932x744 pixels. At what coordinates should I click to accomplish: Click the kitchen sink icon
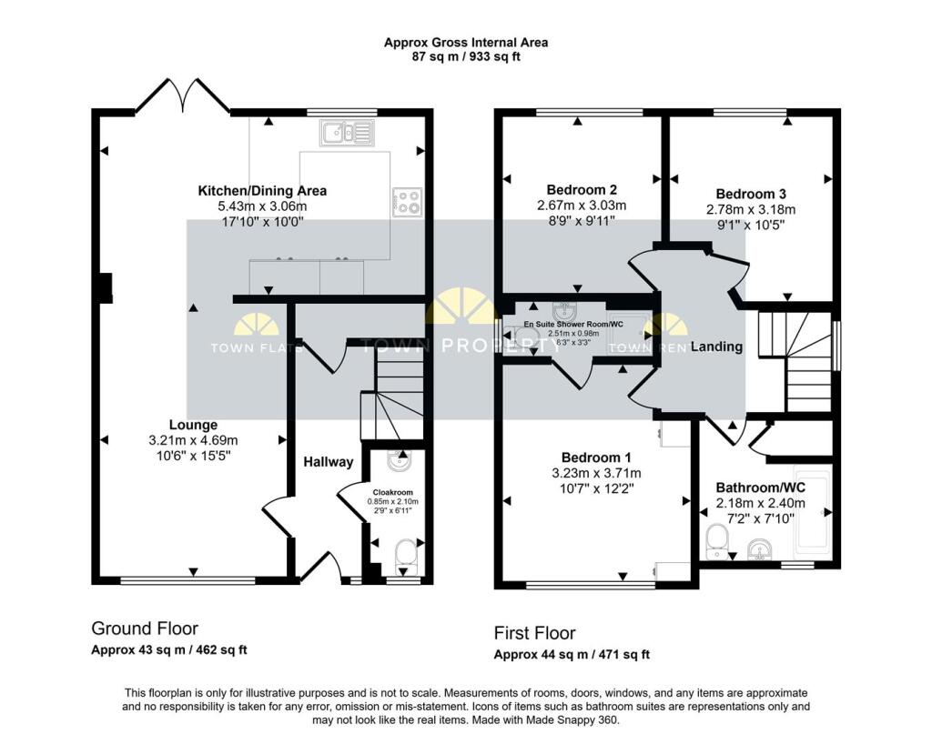coord(346,134)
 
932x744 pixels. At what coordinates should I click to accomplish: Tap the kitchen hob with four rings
coord(405,202)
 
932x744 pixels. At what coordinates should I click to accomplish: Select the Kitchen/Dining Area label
coord(262,191)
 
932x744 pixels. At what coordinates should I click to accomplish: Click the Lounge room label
coord(193,425)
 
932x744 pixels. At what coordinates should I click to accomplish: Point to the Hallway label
coord(328,462)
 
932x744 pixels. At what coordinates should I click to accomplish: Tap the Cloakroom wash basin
coord(399,462)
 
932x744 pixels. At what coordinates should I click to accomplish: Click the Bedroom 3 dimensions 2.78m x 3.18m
coord(751,209)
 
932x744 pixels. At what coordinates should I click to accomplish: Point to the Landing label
coord(716,347)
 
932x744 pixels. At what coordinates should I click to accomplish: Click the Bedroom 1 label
coord(596,457)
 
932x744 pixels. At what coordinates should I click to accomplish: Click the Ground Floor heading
coord(144,628)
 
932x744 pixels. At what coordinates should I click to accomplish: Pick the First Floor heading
coord(534,633)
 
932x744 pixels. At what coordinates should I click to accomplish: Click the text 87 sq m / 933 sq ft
coord(465,56)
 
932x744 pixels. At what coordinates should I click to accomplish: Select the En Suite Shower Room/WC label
coord(573,324)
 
